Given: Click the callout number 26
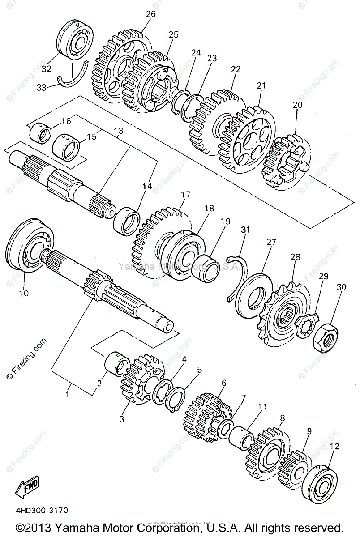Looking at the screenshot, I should point(150,14).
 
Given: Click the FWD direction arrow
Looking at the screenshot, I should point(28,485).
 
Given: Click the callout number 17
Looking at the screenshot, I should point(185,195).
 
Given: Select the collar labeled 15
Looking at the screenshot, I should point(67,147).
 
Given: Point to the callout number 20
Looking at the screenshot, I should point(297,105).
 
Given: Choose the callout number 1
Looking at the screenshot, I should point(68,394).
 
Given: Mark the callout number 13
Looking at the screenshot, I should point(118,131).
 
